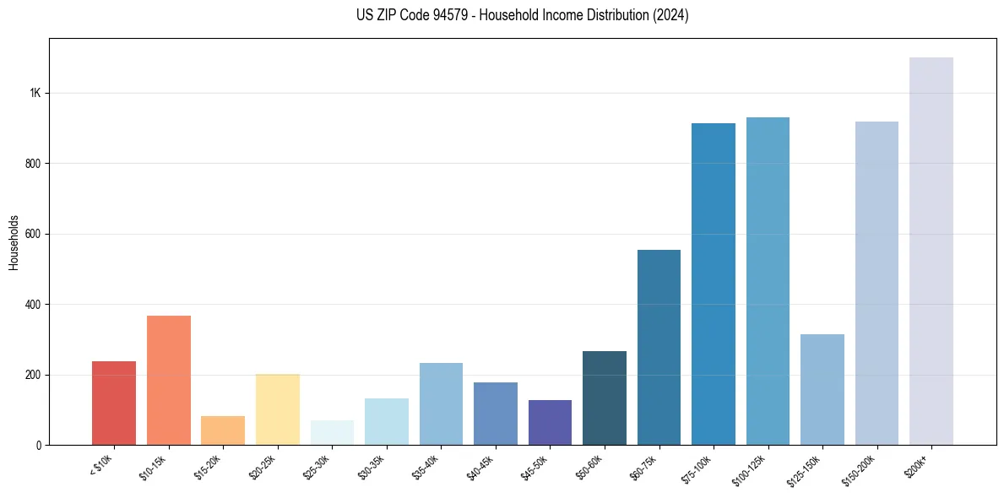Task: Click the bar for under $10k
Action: coord(114,403)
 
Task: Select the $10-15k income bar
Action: coord(169,381)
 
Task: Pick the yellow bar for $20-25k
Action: coord(278,409)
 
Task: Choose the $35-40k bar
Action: coord(441,404)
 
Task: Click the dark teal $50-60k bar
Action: coord(605,398)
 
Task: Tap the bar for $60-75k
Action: coord(659,348)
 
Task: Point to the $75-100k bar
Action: coord(714,284)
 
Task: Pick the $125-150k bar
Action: coord(822,390)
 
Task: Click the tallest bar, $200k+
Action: coord(931,252)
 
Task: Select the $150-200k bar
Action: coord(876,284)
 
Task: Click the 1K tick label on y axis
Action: coord(35,93)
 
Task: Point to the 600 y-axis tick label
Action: coord(32,234)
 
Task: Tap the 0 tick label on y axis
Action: coord(38,445)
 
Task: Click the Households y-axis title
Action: coord(14,241)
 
